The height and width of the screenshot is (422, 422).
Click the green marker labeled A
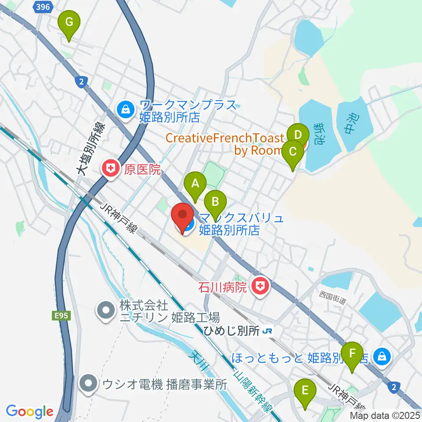195,185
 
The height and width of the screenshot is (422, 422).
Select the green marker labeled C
293,153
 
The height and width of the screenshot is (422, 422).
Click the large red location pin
182,216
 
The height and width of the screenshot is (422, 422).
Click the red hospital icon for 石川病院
260,287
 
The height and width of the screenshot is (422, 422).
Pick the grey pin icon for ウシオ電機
89,384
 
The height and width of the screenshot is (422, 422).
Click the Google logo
29,411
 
